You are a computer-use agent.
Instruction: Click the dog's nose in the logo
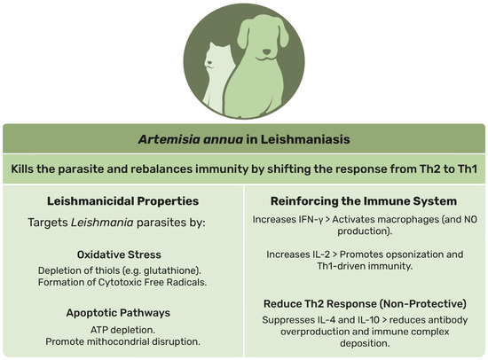coord(266,51)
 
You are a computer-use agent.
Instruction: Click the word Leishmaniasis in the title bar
coord(305,139)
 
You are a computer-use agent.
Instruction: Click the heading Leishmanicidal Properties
coord(122,201)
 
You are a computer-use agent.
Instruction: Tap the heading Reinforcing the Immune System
coord(364,201)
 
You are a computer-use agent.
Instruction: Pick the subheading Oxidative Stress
coord(119,254)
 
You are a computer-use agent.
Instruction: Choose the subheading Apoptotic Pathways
coord(118,313)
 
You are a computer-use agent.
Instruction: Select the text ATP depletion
coord(122,330)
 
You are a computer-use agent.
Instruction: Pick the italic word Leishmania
coord(102,223)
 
